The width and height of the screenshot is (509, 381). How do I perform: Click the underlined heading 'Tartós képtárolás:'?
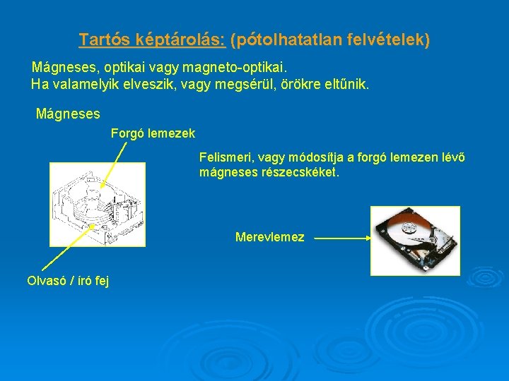pos(152,40)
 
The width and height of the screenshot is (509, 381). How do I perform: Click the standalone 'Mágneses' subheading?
pos(68,113)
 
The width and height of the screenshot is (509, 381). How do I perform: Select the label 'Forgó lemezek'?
pos(153,133)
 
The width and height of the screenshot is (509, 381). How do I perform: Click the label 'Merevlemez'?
pos(269,238)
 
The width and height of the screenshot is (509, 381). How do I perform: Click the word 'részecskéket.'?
pos(305,171)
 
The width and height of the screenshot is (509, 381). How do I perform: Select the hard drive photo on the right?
pos(415,241)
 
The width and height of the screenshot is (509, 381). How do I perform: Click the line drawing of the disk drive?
pos(97,204)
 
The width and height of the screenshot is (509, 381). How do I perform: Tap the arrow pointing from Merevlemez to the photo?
pos(343,238)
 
